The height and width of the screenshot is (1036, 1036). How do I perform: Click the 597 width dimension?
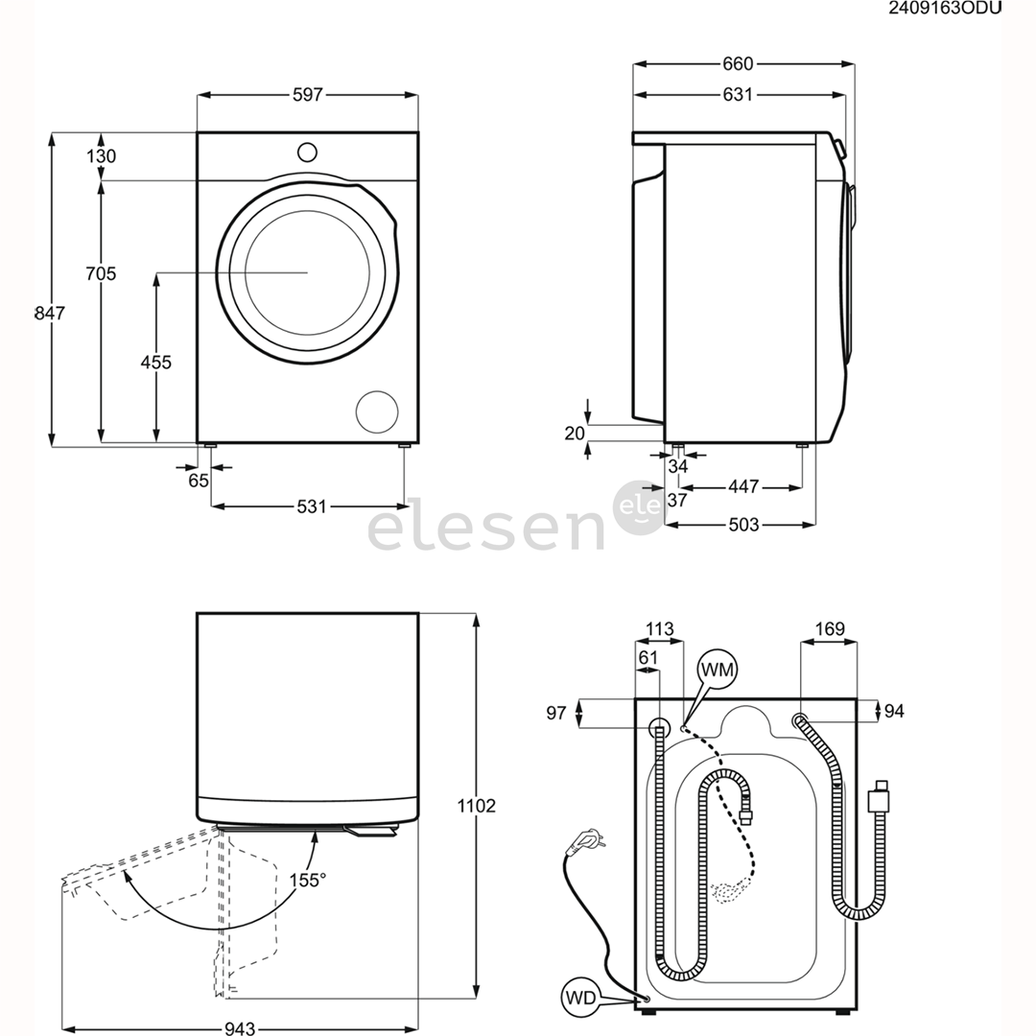pyautogui.click(x=308, y=94)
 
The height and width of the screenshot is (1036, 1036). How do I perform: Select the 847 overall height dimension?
pyautogui.click(x=49, y=313)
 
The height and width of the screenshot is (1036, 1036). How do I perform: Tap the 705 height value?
pyautogui.click(x=101, y=274)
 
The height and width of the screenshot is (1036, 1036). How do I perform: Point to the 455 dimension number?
pyautogui.click(x=155, y=362)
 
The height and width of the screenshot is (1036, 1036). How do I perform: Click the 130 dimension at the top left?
pyautogui.click(x=101, y=156)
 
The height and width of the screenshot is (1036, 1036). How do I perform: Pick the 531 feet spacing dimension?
pyautogui.click(x=308, y=506)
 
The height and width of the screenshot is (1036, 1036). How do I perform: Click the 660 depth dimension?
pyautogui.click(x=738, y=64)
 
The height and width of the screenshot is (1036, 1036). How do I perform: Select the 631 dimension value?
pyautogui.click(x=738, y=94)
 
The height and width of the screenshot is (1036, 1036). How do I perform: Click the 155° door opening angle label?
pyautogui.click(x=307, y=879)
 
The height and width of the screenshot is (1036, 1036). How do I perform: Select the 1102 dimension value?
pyautogui.click(x=477, y=806)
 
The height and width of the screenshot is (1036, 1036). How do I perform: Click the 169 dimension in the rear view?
pyautogui.click(x=829, y=629)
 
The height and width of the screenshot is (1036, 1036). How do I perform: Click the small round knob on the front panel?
pyautogui.click(x=307, y=152)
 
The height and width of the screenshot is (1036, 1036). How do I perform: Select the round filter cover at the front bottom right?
pyautogui.click(x=377, y=411)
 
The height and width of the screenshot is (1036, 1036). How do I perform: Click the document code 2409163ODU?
pyautogui.click(x=945, y=10)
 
